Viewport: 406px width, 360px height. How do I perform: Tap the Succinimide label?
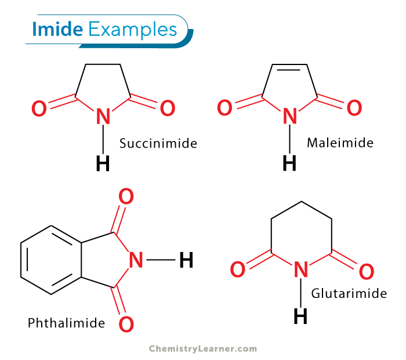pyautogui.click(x=158, y=143)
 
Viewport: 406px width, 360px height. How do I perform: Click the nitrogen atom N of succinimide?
pyautogui.click(x=103, y=117)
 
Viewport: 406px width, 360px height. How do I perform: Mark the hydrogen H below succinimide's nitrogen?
pyautogui.click(x=103, y=164)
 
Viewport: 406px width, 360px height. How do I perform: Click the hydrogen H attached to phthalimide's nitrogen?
pyautogui.click(x=186, y=260)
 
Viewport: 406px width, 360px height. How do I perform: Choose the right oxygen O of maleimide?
pyautogui.click(x=353, y=107)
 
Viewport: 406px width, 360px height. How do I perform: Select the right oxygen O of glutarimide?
pyautogui.click(x=366, y=272)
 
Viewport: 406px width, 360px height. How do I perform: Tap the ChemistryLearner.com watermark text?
pyautogui.click(x=203, y=348)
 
